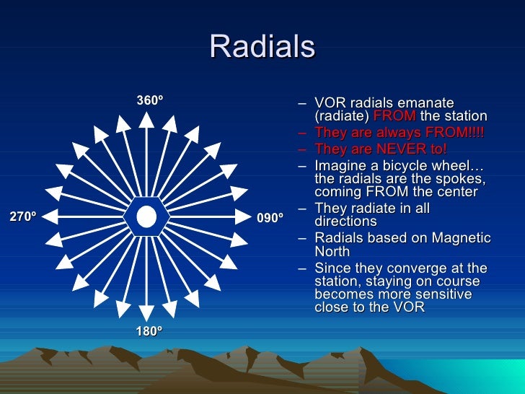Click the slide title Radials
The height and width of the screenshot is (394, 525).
tap(262, 48)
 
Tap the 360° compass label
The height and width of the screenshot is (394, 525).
tap(149, 101)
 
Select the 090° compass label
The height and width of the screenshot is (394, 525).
tap(270, 217)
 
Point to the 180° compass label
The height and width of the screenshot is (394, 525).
tap(149, 331)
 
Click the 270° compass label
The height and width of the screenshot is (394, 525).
tap(22, 216)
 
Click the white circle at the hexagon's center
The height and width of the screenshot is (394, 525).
tap(146, 216)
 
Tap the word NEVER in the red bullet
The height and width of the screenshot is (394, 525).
tap(393, 149)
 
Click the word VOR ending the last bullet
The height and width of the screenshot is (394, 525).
tap(411, 307)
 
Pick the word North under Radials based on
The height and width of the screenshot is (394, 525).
tap(332, 252)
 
